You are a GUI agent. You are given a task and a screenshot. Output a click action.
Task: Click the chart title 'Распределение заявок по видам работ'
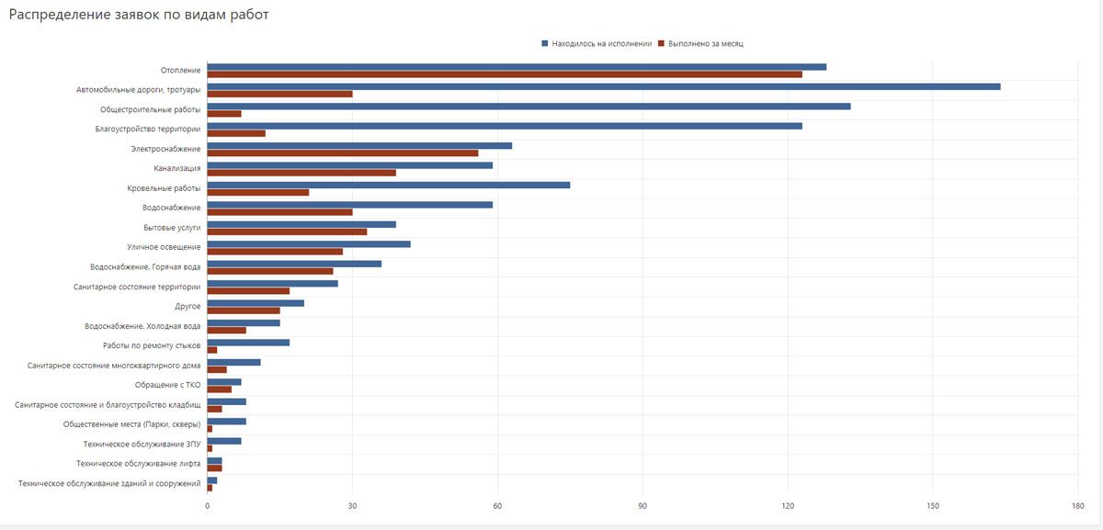click(139, 16)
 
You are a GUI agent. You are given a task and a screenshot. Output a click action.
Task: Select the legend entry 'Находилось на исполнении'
click(602, 43)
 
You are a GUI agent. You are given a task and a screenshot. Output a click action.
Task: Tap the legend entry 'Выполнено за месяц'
click(706, 43)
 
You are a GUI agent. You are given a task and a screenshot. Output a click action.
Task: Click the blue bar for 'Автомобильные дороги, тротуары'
click(603, 86)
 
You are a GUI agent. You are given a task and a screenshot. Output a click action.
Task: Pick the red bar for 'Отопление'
click(505, 74)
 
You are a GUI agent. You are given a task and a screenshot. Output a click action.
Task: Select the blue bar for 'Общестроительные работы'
click(529, 106)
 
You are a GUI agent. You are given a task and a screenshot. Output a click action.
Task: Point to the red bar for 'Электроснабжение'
click(343, 152)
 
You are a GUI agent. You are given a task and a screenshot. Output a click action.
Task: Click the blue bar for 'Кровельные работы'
click(388, 185)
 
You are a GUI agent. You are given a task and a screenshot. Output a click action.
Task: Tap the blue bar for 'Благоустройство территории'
click(505, 126)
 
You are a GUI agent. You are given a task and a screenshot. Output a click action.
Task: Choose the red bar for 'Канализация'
click(301, 173)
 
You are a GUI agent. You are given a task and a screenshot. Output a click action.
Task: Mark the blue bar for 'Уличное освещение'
click(309, 243)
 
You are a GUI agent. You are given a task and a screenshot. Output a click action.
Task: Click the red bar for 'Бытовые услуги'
click(287, 231)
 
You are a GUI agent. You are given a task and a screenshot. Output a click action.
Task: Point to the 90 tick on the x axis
click(642, 506)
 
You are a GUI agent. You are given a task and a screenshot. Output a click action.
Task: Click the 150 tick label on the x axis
click(932, 506)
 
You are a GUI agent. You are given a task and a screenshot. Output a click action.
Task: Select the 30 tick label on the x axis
click(352, 506)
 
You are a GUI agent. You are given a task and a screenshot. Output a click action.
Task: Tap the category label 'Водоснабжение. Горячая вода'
click(145, 267)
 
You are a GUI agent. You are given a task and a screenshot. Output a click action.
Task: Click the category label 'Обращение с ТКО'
click(167, 385)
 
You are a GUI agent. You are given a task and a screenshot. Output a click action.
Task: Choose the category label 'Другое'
click(188, 306)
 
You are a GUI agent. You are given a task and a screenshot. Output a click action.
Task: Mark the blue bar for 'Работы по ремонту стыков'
click(248, 343)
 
